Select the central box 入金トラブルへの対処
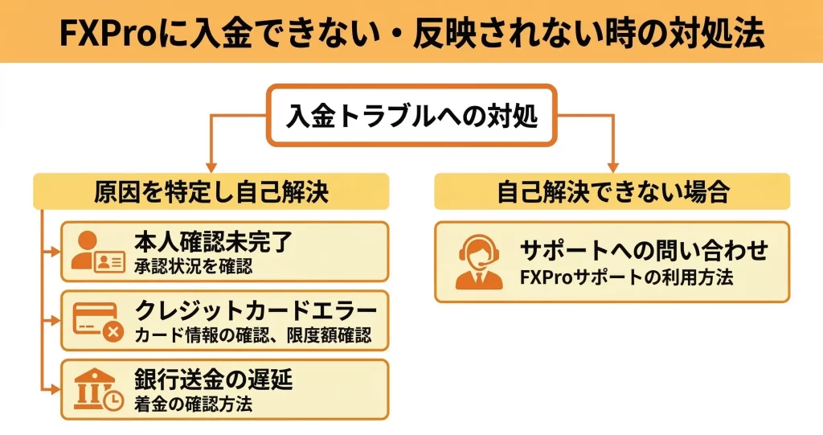(411, 117)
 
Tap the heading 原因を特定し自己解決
(211, 192)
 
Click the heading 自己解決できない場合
(612, 192)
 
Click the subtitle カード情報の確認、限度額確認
(252, 334)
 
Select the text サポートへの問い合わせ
(644, 251)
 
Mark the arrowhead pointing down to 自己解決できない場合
(613, 164)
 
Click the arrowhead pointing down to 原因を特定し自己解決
(211, 164)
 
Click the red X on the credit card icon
(113, 331)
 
